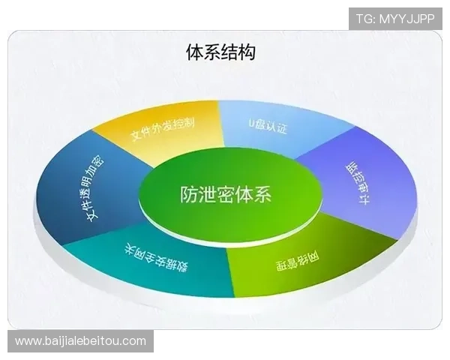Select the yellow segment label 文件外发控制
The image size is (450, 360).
pos(163,127)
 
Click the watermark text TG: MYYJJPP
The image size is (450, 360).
pos(395,17)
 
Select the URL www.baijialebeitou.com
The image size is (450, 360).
pos(80,341)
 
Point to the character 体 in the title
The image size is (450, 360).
pos(194,52)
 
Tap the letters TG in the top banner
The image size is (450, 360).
pos(363,17)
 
